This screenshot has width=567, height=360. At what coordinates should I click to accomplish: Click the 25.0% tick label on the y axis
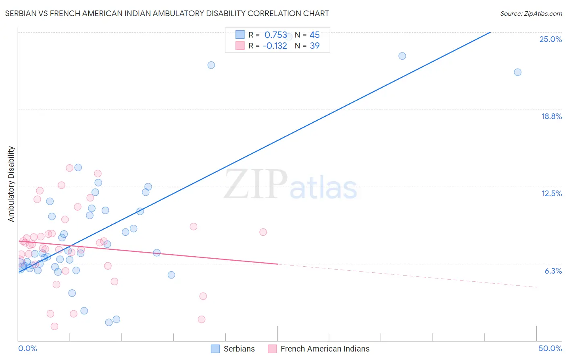click(x=550, y=39)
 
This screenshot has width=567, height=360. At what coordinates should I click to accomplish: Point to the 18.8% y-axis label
click(x=551, y=116)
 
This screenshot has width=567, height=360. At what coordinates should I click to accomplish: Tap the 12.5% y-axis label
click(x=551, y=193)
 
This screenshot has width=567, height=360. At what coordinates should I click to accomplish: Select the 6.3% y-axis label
click(x=553, y=271)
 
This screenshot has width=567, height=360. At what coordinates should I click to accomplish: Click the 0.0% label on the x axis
click(x=27, y=348)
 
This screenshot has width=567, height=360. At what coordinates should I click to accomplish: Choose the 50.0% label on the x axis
click(x=550, y=348)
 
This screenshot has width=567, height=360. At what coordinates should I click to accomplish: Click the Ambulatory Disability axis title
click(x=11, y=184)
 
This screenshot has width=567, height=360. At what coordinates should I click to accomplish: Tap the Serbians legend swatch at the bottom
click(x=215, y=349)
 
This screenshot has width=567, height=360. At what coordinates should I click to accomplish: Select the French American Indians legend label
click(x=325, y=349)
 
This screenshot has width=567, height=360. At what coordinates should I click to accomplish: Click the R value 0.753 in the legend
click(x=275, y=35)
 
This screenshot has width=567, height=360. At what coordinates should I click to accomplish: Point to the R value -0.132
click(x=275, y=46)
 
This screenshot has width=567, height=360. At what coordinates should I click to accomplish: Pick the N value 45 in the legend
click(x=315, y=35)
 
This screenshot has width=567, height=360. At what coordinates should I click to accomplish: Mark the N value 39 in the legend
click(x=315, y=46)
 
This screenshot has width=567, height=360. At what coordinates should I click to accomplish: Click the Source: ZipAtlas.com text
click(x=531, y=14)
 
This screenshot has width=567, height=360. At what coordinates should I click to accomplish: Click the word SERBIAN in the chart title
click(x=21, y=14)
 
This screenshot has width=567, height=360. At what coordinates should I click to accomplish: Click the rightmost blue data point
click(x=517, y=72)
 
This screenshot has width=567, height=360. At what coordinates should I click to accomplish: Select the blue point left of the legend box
click(x=211, y=65)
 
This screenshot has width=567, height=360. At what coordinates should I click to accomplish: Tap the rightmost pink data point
click(x=263, y=232)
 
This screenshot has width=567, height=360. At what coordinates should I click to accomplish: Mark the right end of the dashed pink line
click(x=537, y=287)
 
